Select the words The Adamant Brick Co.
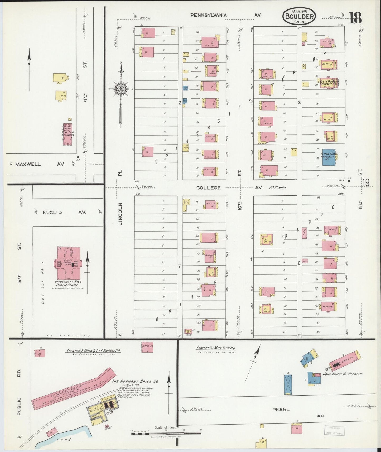tap(135, 381)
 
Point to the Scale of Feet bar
tap(166, 432)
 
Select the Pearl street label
tap(281, 410)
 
